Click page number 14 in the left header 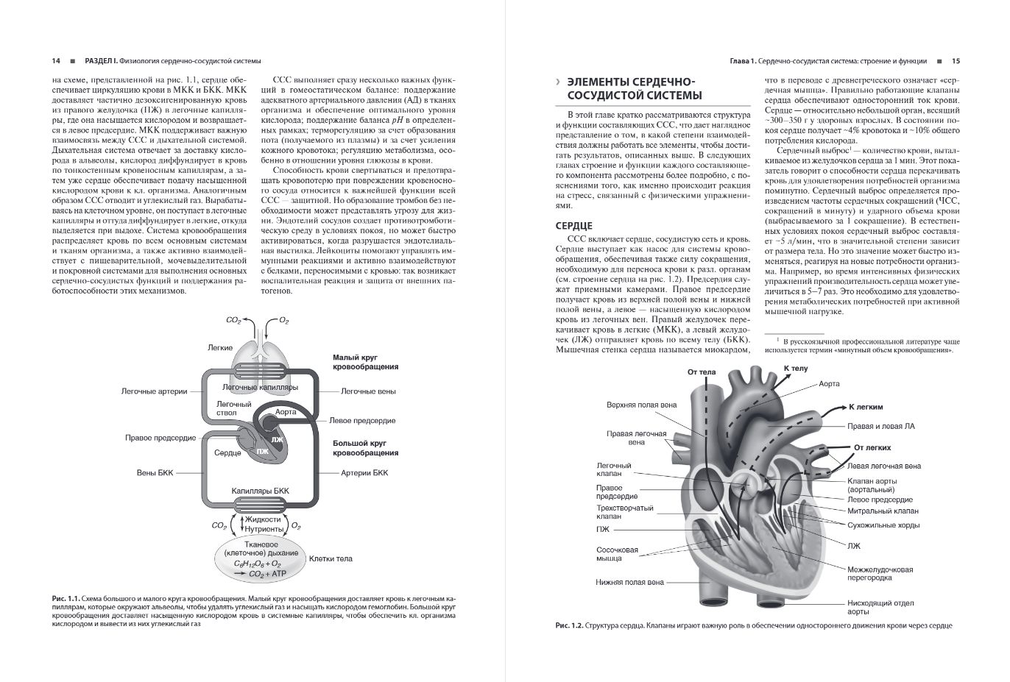pyautogui.click(x=56, y=61)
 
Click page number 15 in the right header pyautogui.click(x=956, y=61)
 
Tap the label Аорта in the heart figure pyautogui.click(x=829, y=384)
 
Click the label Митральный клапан pyautogui.click(x=883, y=511)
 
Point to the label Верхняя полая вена pyautogui.click(x=641, y=405)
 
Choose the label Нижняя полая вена pyautogui.click(x=629, y=582)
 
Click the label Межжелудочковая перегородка pyautogui.click(x=880, y=575)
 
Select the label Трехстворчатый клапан pyautogui.click(x=624, y=512)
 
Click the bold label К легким pyautogui.click(x=866, y=407)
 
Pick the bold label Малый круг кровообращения pyautogui.click(x=365, y=361)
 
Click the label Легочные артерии pyautogui.click(x=154, y=391)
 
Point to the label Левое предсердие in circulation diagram pyautogui.click(x=362, y=421)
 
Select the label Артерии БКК pyautogui.click(x=364, y=472)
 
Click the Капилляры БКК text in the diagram pyautogui.click(x=260, y=489)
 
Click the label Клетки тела pyautogui.click(x=331, y=558)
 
